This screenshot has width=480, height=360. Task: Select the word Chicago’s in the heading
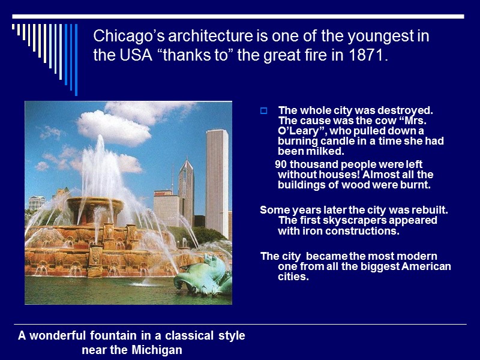122,37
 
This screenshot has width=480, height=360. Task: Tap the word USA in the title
128,56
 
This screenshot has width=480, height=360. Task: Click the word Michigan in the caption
155,350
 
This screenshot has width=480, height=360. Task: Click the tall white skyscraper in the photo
217,180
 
